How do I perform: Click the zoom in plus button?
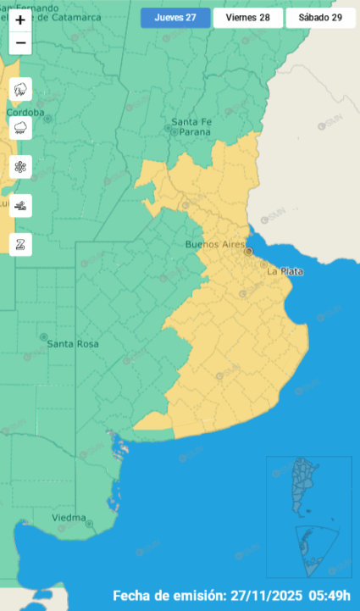[20, 19]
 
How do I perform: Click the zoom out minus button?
[20, 43]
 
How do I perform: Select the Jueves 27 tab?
[175, 18]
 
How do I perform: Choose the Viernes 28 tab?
[248, 18]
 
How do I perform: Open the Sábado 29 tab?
[320, 18]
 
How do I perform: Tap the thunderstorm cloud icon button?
[20, 88]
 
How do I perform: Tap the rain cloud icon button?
[20, 128]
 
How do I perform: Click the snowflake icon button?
[20, 167]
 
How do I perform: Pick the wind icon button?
[20, 205]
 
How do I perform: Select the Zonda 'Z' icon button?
[20, 244]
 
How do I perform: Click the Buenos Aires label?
[213, 244]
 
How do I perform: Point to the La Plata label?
[285, 272]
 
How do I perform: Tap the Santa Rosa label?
[73, 343]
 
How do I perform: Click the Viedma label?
[69, 517]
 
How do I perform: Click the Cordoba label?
[25, 112]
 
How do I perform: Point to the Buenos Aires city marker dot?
[248, 251]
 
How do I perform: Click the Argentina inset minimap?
[308, 517]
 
